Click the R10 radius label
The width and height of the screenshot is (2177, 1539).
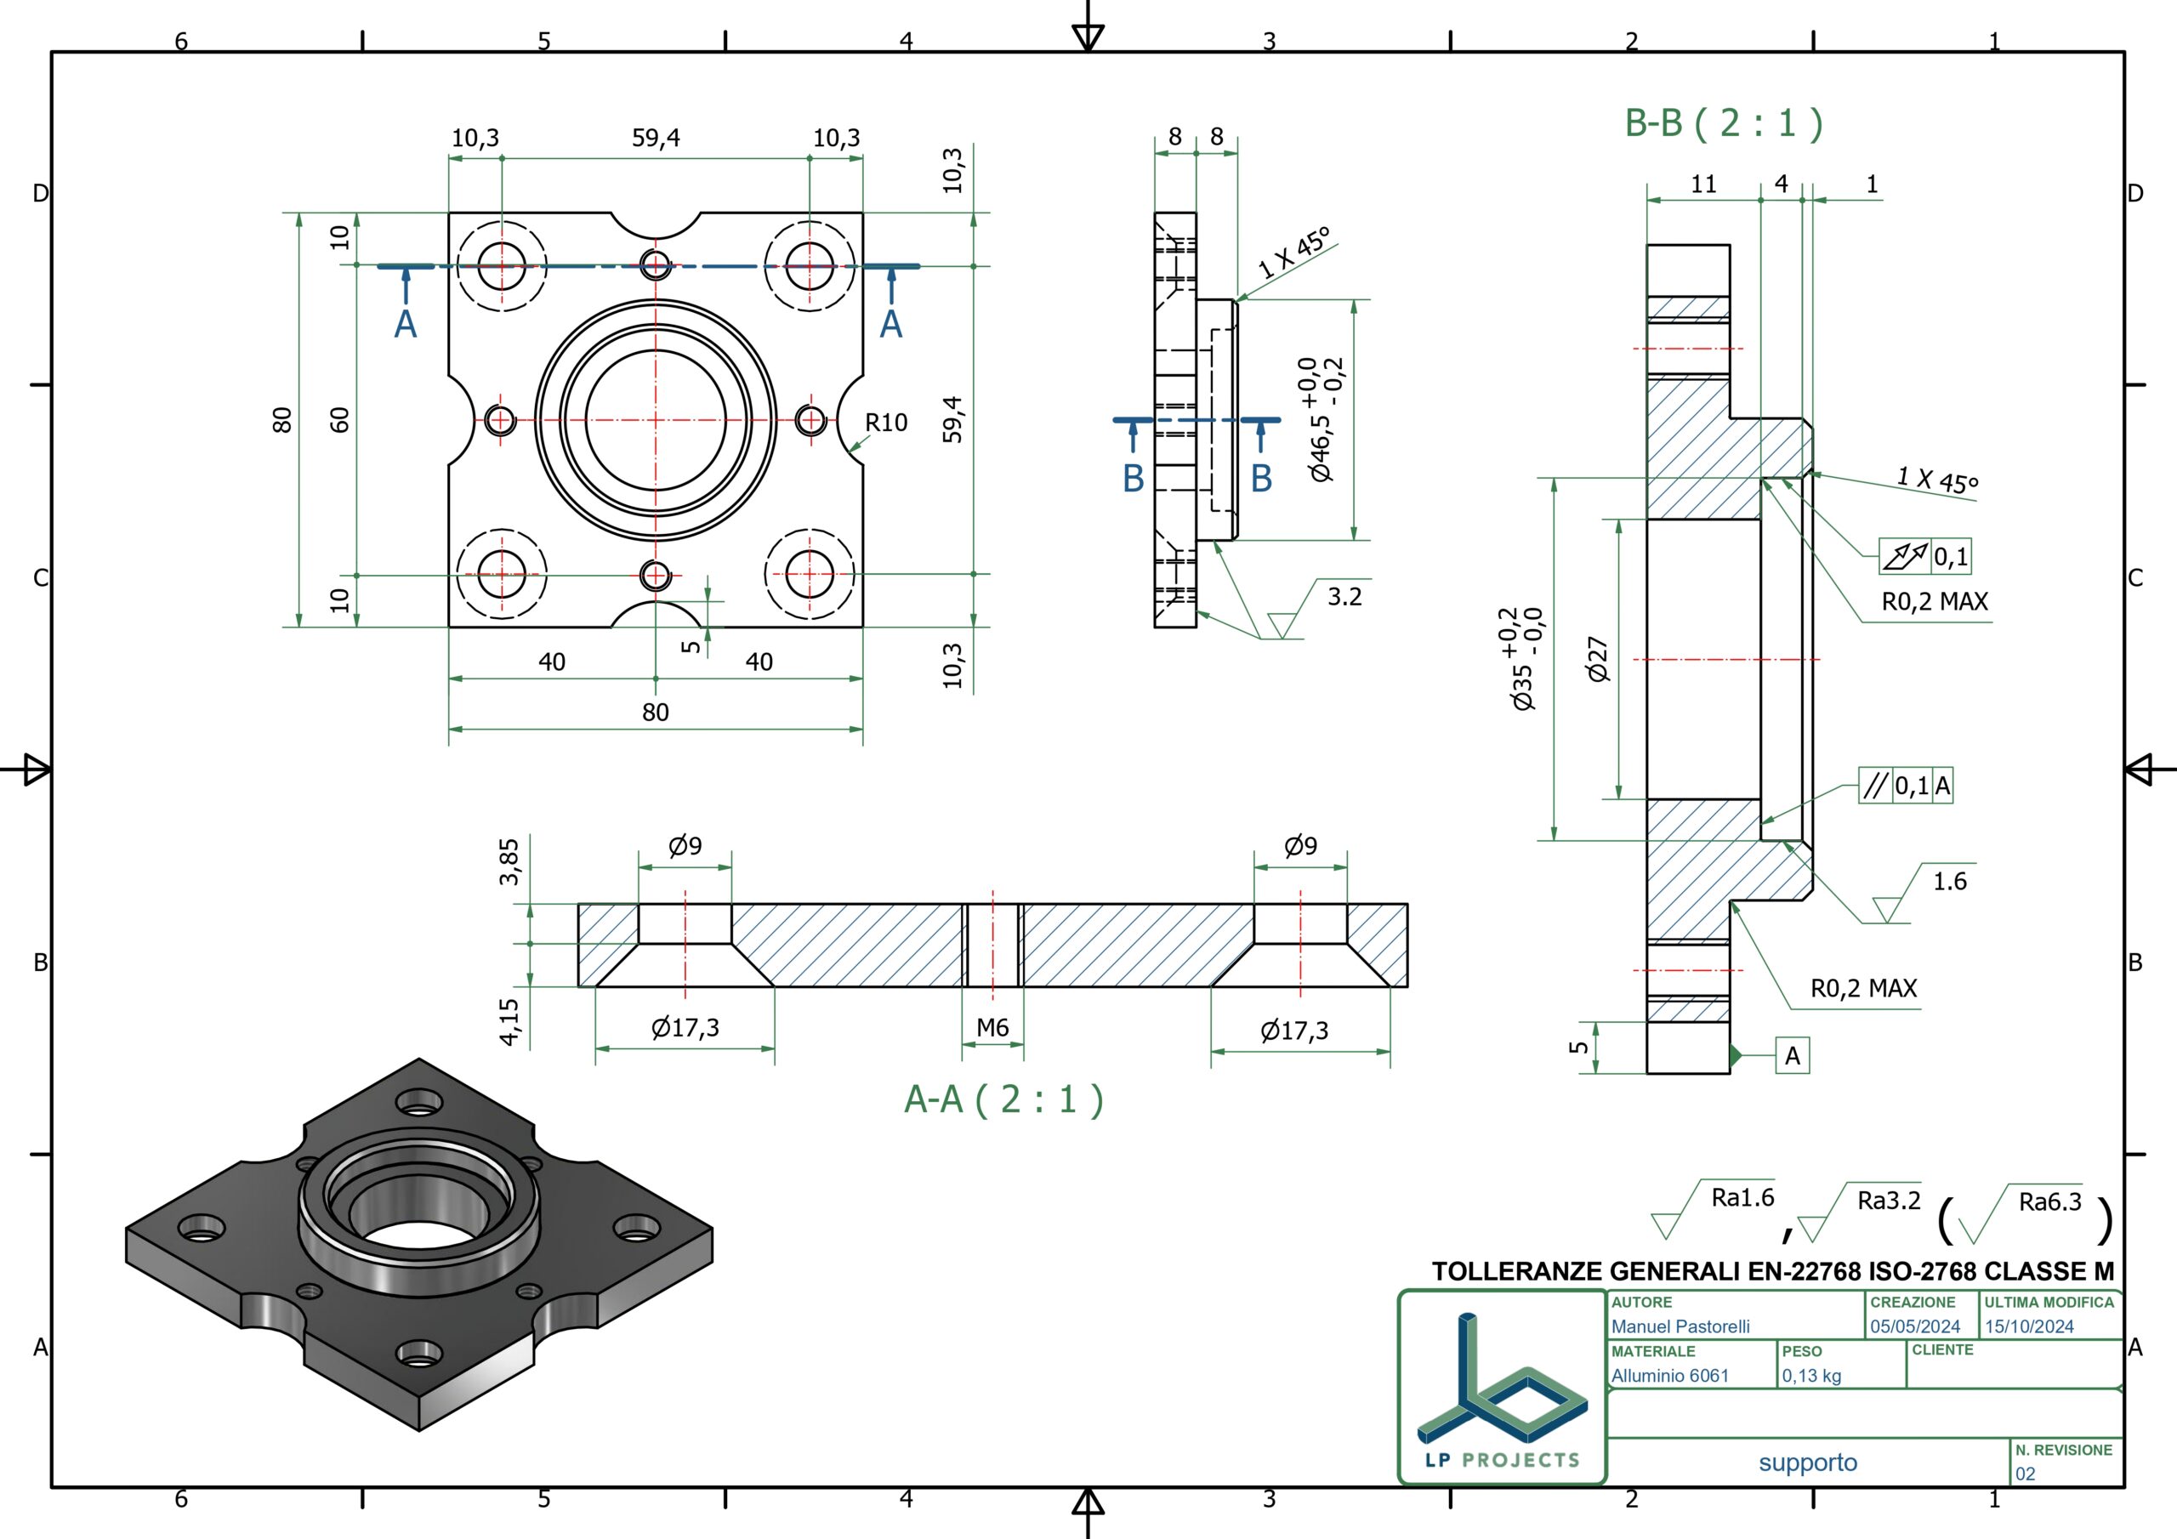(885, 422)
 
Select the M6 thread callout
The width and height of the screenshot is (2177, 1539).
(992, 1027)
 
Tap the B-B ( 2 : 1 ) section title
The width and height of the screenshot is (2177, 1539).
(1724, 123)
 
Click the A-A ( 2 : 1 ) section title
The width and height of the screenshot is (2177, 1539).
(1003, 1100)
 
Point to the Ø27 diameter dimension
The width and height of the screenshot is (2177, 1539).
(1598, 659)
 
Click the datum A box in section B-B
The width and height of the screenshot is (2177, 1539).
(1792, 1055)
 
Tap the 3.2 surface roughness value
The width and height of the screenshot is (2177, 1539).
(1344, 596)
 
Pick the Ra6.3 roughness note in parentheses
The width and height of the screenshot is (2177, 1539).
(2050, 1201)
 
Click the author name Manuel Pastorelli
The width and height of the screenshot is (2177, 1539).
(1680, 1326)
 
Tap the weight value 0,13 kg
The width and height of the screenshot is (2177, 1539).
(1811, 1375)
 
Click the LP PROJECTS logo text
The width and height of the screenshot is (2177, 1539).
(1503, 1460)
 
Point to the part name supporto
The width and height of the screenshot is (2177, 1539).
(1808, 1462)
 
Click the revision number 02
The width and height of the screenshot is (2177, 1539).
(2026, 1474)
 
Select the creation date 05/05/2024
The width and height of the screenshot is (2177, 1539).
(1914, 1326)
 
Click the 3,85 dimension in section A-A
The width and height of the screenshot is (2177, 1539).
(509, 861)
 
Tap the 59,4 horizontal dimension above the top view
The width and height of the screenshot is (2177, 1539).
(657, 138)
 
